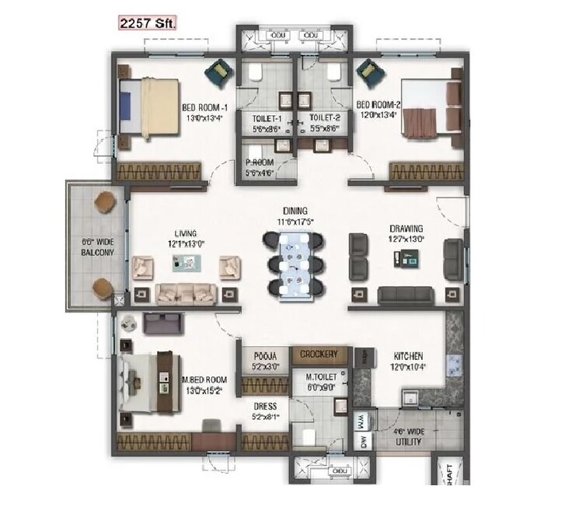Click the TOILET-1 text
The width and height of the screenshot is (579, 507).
tap(267, 119)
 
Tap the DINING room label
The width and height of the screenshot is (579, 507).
tap(295, 211)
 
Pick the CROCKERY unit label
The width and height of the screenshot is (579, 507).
tap(319, 354)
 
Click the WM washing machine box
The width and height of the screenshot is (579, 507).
tap(361, 421)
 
